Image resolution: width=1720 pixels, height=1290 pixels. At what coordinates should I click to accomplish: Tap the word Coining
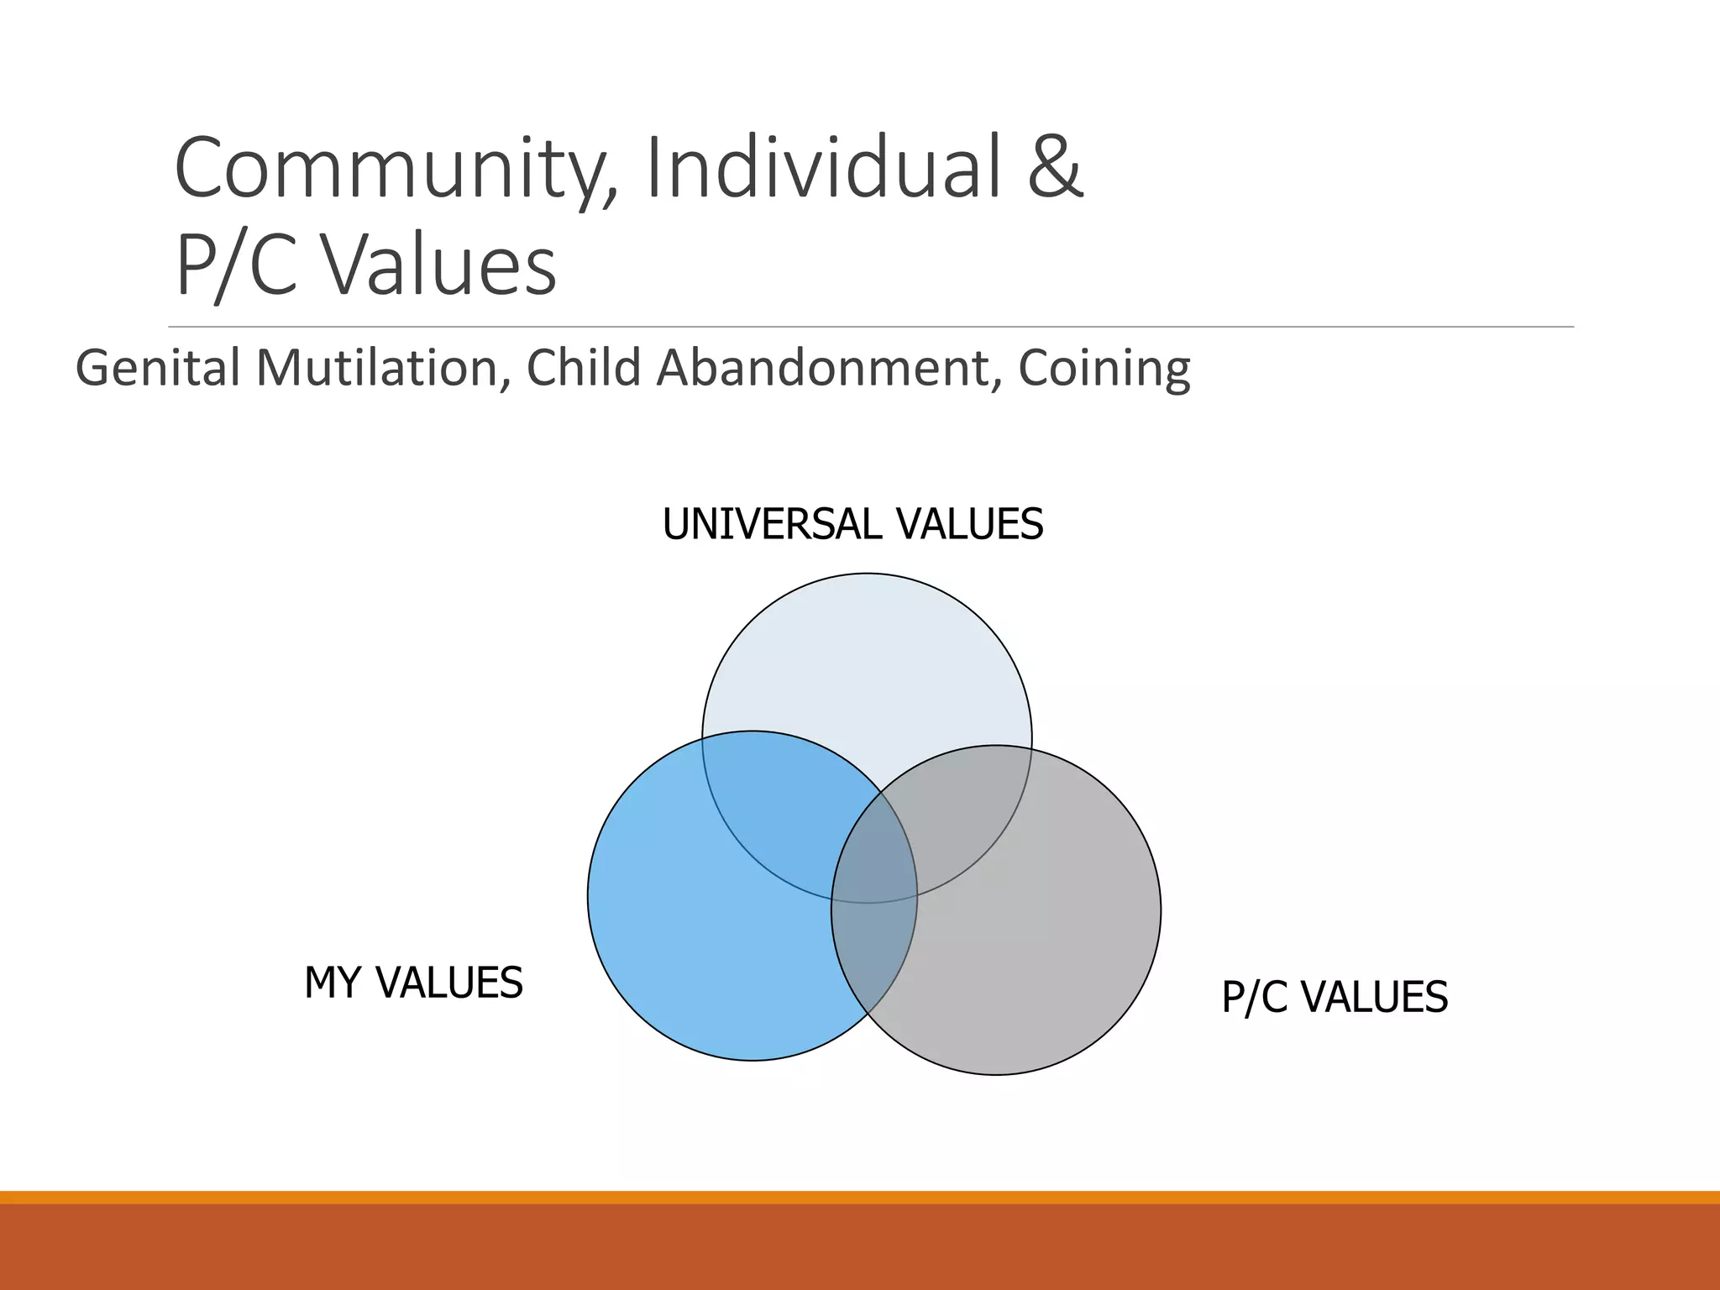pos(1104,370)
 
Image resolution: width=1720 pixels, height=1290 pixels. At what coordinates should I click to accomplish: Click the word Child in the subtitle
pos(585,368)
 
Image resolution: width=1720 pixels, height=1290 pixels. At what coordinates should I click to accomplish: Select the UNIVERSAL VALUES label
pos(852,524)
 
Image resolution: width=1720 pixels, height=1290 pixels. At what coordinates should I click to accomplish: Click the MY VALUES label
pos(413,983)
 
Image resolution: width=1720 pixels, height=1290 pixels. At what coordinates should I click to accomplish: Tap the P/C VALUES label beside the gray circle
pos(1335,997)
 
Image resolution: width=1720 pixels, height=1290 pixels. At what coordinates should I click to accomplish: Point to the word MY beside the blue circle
pos(333,983)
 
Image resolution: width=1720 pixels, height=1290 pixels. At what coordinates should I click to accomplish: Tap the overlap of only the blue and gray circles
pos(873,949)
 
